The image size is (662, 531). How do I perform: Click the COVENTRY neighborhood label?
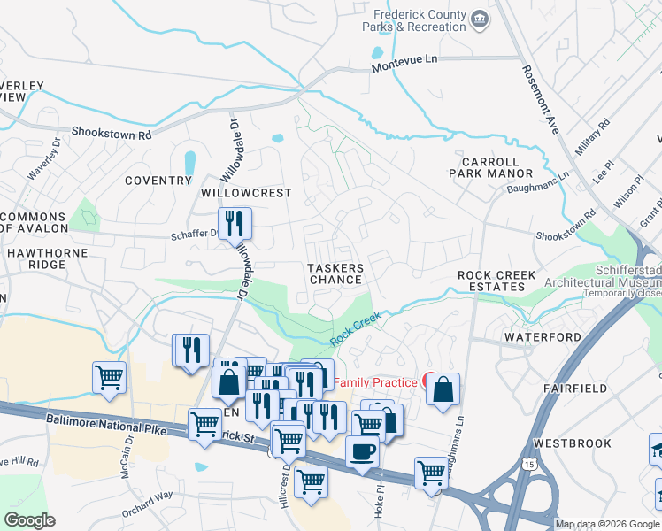[x=158, y=181]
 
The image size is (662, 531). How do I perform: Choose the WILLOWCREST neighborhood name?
[x=246, y=193]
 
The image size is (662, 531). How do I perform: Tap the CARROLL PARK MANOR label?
[x=497, y=168]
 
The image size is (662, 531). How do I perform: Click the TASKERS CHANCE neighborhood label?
[x=335, y=273]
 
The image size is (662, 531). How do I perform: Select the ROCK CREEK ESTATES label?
[x=496, y=281]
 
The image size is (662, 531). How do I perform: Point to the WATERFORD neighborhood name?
[x=543, y=337]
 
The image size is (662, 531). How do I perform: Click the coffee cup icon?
[x=362, y=451]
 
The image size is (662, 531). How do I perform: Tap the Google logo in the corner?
[x=30, y=520]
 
